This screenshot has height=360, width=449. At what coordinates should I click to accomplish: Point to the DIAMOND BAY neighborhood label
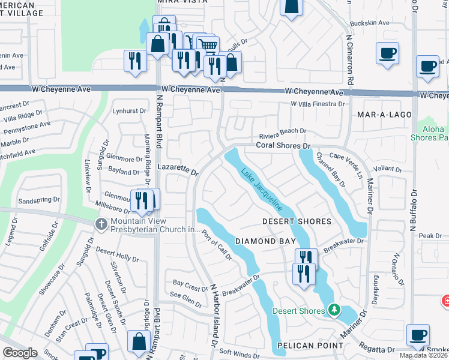tap(265, 241)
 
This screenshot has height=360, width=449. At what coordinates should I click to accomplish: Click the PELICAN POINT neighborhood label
tap(309, 346)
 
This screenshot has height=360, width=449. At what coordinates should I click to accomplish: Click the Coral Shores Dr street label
tap(282, 145)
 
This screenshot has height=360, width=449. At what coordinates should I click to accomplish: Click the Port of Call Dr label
tap(216, 245)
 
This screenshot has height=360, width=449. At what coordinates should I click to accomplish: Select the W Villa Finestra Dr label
tap(318, 104)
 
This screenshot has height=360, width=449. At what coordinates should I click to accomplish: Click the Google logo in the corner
tap(20, 353)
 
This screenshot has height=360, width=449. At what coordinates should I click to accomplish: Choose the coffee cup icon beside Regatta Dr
tap(418, 335)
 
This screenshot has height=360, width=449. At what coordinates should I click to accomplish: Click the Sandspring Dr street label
tap(40, 199)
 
